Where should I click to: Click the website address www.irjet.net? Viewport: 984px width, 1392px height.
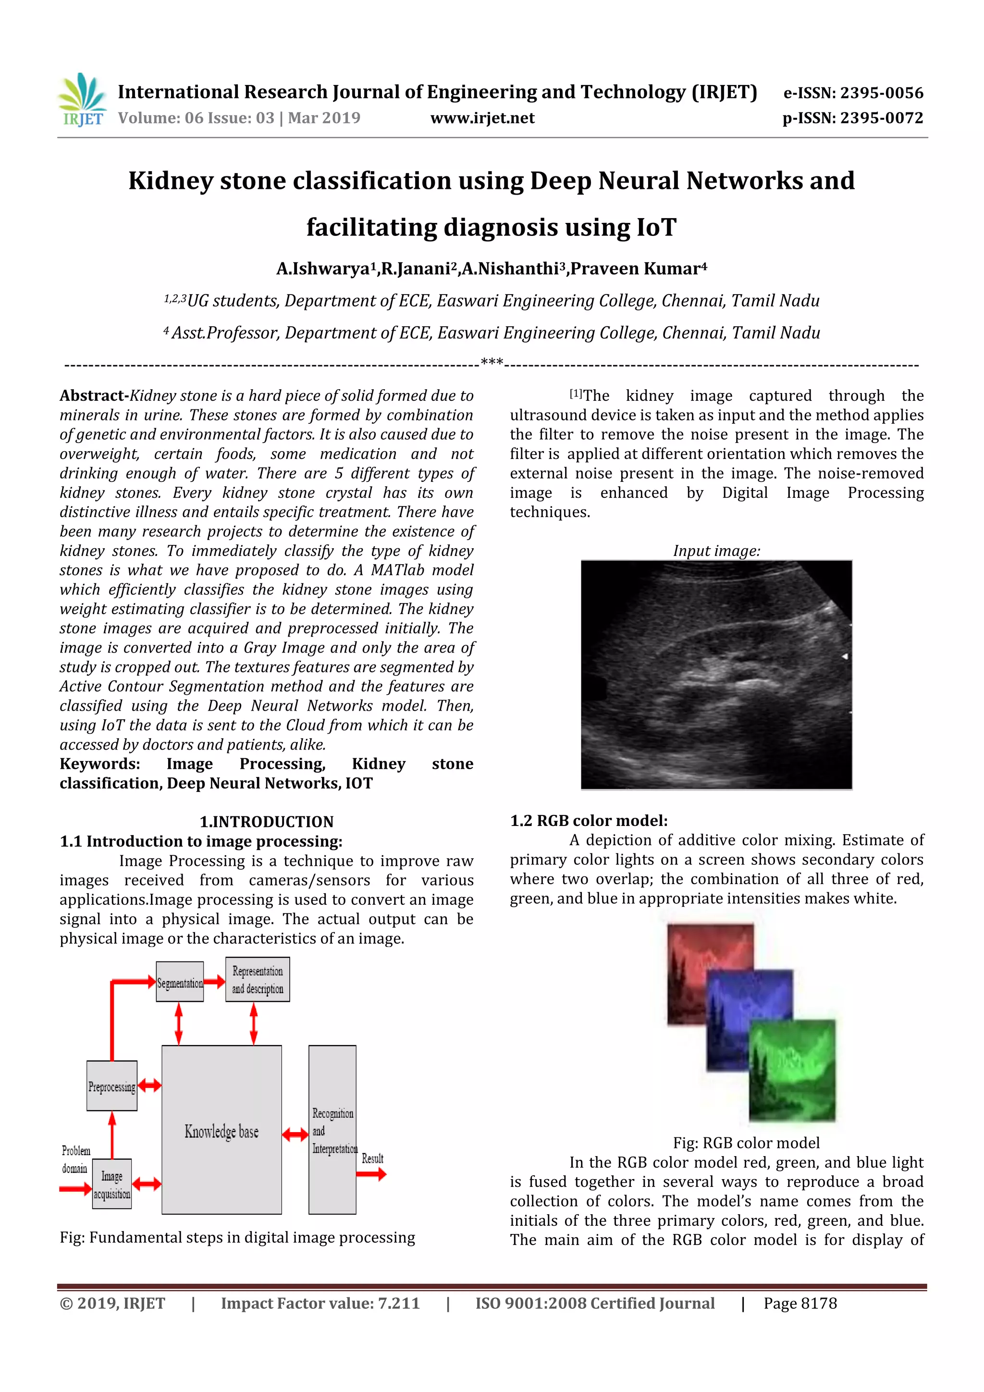pyautogui.click(x=482, y=118)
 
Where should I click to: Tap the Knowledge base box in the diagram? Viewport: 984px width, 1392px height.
pyautogui.click(x=221, y=1131)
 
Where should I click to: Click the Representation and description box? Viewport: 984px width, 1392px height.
pyautogui.click(x=257, y=980)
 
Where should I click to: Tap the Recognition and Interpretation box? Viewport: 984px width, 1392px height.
pyautogui.click(x=332, y=1130)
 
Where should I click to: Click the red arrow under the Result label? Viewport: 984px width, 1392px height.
pyautogui.click(x=371, y=1174)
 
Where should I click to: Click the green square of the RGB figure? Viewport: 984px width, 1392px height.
pyautogui.click(x=792, y=1071)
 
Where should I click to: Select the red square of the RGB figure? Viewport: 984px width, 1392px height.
pyautogui.click(x=697, y=964)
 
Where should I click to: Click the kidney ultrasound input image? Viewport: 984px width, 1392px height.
pyautogui.click(x=716, y=674)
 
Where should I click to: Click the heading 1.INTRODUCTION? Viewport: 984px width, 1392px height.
pyautogui.click(x=267, y=822)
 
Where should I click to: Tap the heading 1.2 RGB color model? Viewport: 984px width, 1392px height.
pyautogui.click(x=588, y=821)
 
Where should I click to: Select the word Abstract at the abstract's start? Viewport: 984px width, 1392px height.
pyautogui.click(x=92, y=396)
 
